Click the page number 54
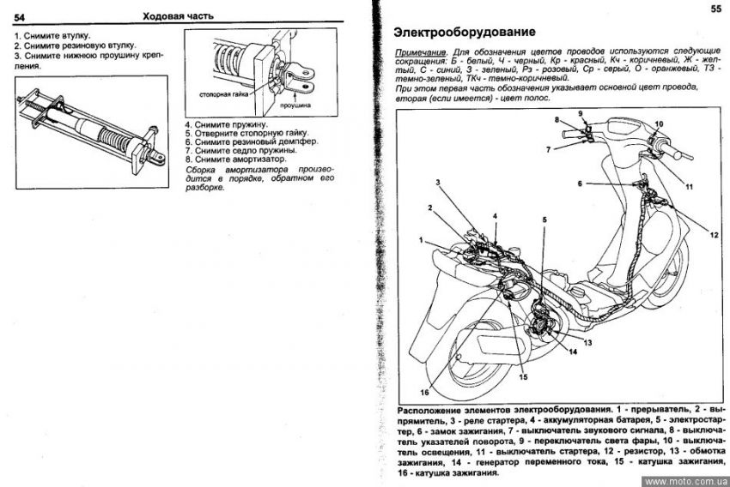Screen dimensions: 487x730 (x=21, y=15)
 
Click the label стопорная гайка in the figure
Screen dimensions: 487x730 (x=219, y=93)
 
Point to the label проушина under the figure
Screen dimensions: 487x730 (x=295, y=105)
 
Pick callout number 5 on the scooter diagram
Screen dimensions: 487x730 (x=544, y=221)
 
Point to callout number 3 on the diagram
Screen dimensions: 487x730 (x=438, y=183)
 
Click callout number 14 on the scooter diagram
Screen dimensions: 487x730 (x=571, y=352)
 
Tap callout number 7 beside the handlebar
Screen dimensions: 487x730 (x=546, y=149)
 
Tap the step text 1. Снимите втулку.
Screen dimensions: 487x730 (x=52, y=34)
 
